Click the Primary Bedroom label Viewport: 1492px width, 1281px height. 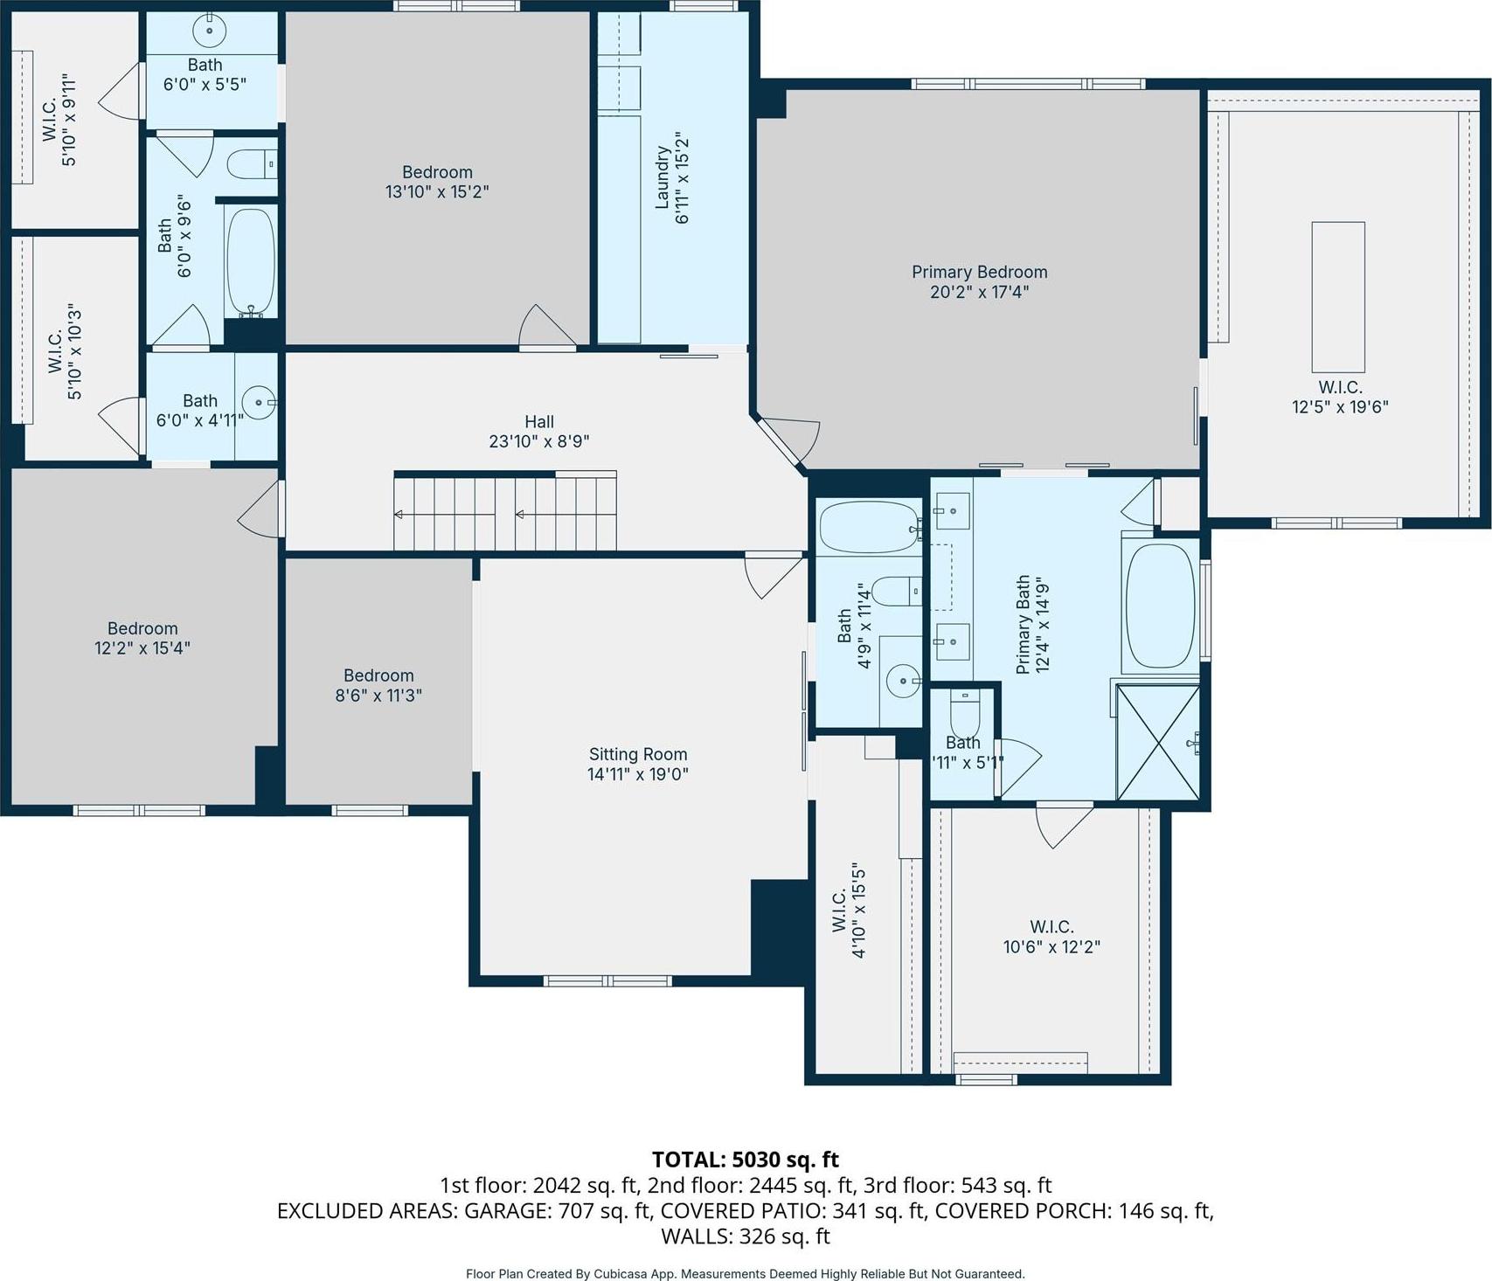979,272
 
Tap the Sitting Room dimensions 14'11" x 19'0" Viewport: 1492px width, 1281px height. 638,773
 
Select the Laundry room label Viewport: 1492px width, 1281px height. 663,177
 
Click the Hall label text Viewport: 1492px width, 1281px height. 539,422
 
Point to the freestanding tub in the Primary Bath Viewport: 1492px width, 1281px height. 1160,606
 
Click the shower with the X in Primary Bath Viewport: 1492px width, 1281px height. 1158,743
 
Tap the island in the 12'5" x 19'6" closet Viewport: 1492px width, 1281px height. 1338,297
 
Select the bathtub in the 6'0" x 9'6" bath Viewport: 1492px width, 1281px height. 251,262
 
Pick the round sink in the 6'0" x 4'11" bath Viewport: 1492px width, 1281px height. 259,403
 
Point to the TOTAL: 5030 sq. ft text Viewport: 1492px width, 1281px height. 746,1160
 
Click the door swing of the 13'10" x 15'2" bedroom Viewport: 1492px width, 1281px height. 546,326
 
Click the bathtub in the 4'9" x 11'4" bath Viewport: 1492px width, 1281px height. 869,528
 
